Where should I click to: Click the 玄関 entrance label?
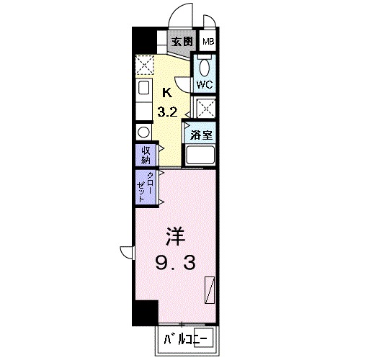182,42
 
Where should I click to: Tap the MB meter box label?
208,42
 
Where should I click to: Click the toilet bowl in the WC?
205,68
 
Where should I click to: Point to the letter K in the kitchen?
167,92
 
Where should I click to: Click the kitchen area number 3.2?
168,112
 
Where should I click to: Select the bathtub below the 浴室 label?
202,155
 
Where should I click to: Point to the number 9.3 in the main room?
174,265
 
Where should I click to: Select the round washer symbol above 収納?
142,132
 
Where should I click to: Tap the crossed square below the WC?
205,109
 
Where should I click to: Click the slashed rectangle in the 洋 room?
210,289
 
